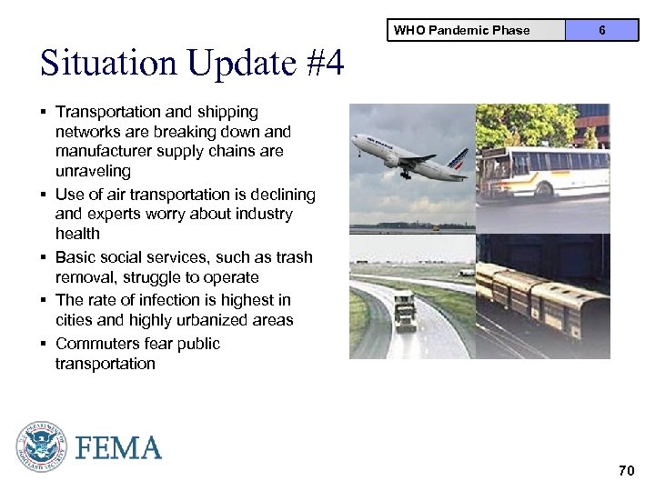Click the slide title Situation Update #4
pyautogui.click(x=192, y=64)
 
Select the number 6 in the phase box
pyautogui.click(x=601, y=30)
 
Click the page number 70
pyautogui.click(x=626, y=470)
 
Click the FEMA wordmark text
pyautogui.click(x=119, y=448)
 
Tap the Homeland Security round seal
pyautogui.click(x=42, y=446)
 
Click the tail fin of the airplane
pyautogui.click(x=458, y=158)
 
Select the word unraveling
pyautogui.click(x=93, y=171)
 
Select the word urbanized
pyautogui.click(x=189, y=320)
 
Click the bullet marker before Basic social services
pyautogui.click(x=44, y=257)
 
